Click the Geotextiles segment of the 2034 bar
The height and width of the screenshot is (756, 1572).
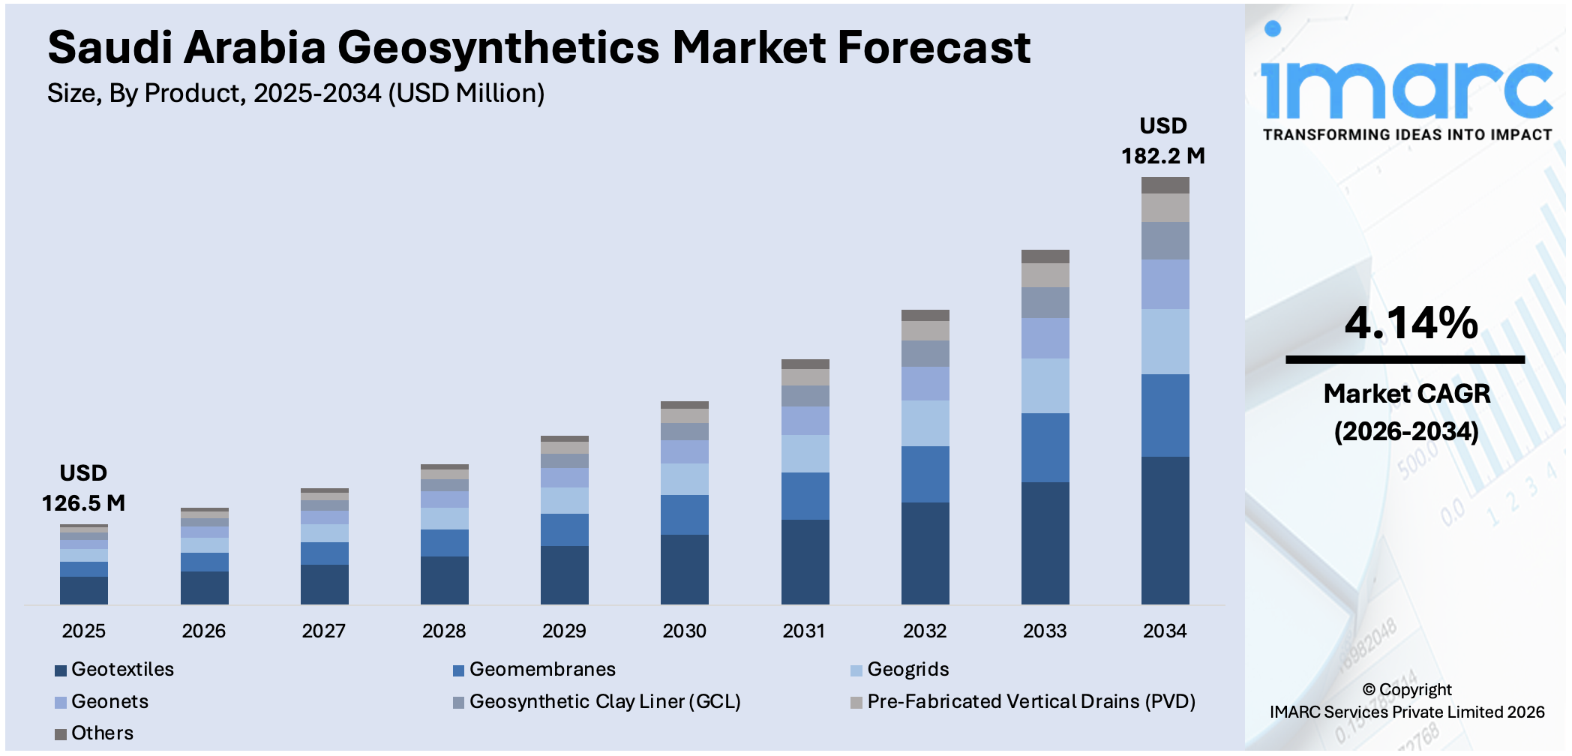pos(1165,530)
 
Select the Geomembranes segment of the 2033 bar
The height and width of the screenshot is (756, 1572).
pos(1045,448)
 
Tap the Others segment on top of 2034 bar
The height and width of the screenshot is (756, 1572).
pos(1165,185)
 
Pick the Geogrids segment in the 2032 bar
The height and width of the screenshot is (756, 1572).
pos(925,423)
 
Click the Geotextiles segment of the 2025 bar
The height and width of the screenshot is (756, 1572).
pos(84,590)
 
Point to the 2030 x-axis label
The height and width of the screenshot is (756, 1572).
pos(684,631)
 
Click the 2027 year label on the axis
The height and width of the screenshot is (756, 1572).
pos(323,631)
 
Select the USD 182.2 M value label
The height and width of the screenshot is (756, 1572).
pos(1162,141)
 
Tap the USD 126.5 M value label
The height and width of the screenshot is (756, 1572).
pos(83,488)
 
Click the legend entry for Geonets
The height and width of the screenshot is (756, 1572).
pos(109,701)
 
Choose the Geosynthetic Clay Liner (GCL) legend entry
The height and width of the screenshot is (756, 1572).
pos(604,701)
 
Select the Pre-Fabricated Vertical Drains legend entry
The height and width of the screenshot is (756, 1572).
pos(1030,701)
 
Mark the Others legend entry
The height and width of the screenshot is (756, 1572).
pos(102,733)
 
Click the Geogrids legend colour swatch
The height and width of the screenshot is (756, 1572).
pos(856,670)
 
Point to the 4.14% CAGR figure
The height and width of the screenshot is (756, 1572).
pos(1411,323)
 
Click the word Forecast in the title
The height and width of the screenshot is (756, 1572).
pos(934,48)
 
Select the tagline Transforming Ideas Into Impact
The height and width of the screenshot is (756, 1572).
pos(1407,135)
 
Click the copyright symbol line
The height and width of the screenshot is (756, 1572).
pos(1406,689)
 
